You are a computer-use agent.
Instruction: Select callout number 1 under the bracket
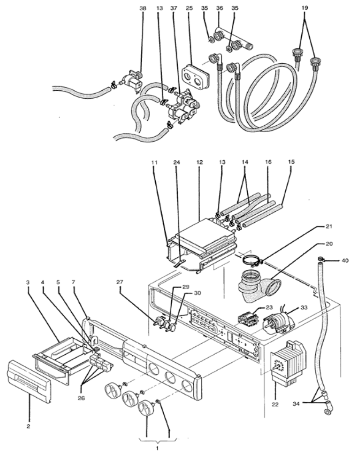[x=157, y=448]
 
